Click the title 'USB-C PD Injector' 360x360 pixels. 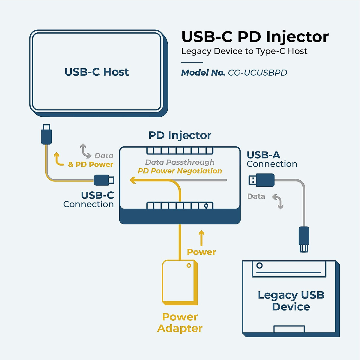(255, 37)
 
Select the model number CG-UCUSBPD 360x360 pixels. (257, 73)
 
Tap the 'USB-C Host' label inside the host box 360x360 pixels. (97, 72)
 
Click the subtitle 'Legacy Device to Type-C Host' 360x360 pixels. (244, 51)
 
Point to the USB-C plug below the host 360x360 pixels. (46, 135)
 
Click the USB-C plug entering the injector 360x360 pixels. (103, 180)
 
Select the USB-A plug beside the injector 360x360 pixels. (262, 180)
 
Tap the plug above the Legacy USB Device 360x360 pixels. (304, 239)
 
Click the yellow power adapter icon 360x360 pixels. (180, 282)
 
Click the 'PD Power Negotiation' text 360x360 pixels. (180, 171)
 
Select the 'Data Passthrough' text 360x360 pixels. (180, 162)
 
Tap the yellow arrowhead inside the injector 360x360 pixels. (133, 180)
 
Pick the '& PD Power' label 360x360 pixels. (91, 164)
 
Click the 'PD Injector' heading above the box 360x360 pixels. (180, 135)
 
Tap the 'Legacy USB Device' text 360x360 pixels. (291, 301)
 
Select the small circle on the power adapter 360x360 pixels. (189, 265)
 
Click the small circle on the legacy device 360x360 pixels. (259, 265)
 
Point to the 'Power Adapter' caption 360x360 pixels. (180, 322)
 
